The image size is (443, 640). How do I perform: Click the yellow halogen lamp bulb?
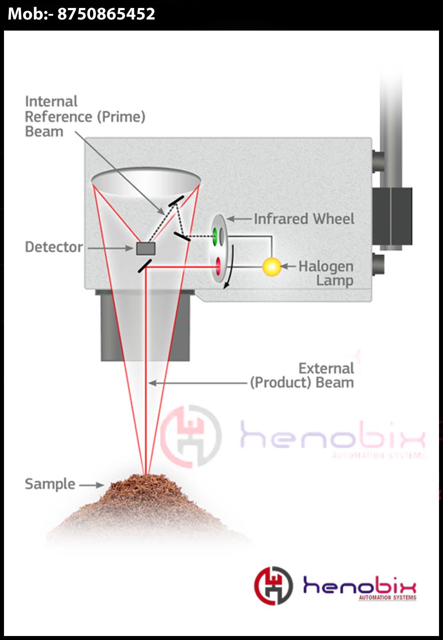click(x=271, y=266)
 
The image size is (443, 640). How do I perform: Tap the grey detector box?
click(x=146, y=249)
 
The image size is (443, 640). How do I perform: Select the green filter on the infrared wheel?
click(x=215, y=236)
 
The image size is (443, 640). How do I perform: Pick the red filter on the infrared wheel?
click(x=218, y=266)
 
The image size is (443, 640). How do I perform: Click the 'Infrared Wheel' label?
click(x=303, y=219)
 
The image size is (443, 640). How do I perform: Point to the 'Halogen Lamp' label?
click(x=326, y=273)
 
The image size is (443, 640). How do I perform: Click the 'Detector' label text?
click(x=54, y=247)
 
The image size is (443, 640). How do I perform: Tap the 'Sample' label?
click(x=50, y=484)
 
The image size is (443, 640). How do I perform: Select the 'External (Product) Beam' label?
click(x=303, y=375)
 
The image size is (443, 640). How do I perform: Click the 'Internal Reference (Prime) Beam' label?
click(x=85, y=117)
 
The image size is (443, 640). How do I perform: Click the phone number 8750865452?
click(x=106, y=14)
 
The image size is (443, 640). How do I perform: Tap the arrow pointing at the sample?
click(x=92, y=485)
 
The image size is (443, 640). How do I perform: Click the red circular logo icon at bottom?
click(x=273, y=585)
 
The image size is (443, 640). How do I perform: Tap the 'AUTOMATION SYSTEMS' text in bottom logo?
click(x=387, y=598)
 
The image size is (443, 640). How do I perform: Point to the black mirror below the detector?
click(x=145, y=265)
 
